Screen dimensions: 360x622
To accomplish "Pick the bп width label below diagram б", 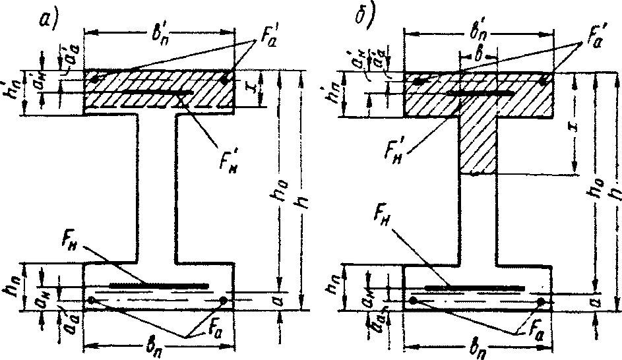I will click(x=475, y=350).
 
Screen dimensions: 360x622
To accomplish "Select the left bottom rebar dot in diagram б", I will click(x=413, y=301).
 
